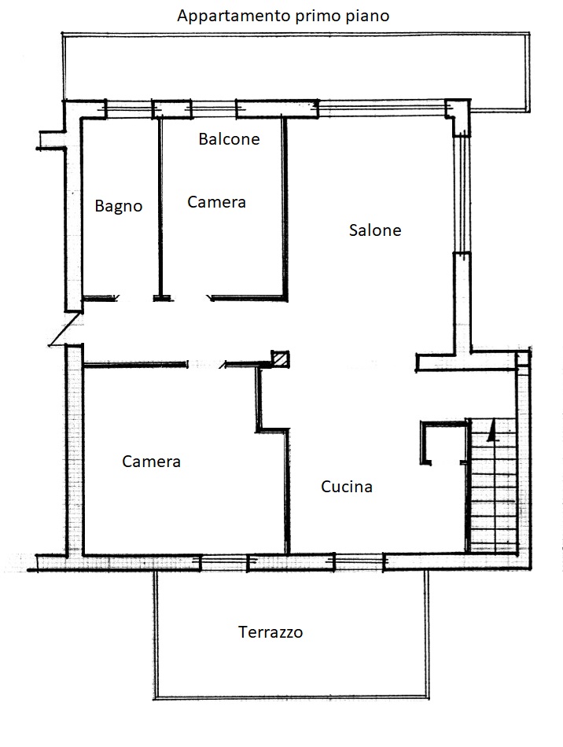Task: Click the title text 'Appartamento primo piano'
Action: pos(283,17)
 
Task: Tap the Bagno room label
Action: pos(119,206)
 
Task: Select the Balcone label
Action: pos(229,139)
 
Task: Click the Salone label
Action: pos(375,230)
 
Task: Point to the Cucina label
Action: pos(346,487)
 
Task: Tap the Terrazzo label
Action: pos(270,632)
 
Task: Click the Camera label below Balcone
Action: pos(217,202)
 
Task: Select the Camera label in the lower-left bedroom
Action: pos(152,462)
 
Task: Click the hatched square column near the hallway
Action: pos(280,359)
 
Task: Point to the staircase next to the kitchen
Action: pos(493,485)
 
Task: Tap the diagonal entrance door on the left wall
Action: pos(65,329)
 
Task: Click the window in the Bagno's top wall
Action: pos(129,109)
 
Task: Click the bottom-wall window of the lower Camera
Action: pos(224,563)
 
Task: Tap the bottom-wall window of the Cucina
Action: pos(359,563)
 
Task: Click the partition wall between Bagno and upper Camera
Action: pos(160,208)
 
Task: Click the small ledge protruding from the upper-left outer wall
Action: pos(50,141)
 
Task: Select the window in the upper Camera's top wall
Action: pos(214,109)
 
